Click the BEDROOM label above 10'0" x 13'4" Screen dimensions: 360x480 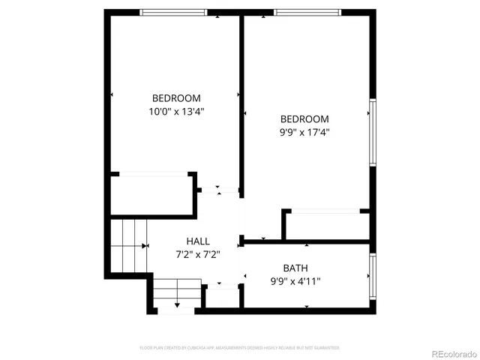176,98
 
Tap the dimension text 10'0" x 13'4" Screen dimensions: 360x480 176,111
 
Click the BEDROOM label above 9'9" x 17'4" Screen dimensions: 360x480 304,119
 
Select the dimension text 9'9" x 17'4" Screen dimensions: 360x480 304,132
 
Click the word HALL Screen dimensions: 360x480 198,241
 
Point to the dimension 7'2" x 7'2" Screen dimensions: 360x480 198,254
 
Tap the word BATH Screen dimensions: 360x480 295,268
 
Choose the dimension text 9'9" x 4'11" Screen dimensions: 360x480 295,281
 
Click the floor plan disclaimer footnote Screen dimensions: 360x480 240,348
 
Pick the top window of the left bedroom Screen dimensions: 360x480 173,12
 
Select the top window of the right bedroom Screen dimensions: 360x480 307,12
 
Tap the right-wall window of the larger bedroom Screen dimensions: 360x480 371,133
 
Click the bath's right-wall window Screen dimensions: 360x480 371,276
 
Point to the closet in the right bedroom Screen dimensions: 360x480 328,225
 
